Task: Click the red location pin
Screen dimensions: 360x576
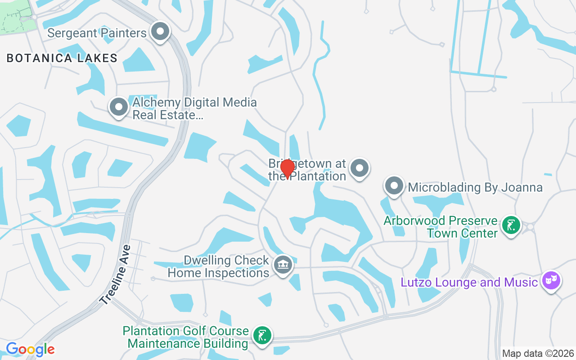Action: pyautogui.click(x=287, y=170)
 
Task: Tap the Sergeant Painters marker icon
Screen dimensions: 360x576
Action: pyautogui.click(x=160, y=32)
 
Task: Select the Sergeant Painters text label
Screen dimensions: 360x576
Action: pyautogui.click(x=97, y=33)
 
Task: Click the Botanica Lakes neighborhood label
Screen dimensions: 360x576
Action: pyautogui.click(x=62, y=58)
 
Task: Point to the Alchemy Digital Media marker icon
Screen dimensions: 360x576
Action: pyautogui.click(x=119, y=108)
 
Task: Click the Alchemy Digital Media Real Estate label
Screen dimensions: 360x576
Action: pyautogui.click(x=194, y=109)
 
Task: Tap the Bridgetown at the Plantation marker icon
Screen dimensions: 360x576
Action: pyautogui.click(x=359, y=169)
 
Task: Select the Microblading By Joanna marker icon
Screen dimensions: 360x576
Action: pyautogui.click(x=394, y=186)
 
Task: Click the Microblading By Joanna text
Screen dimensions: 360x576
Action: pyautogui.click(x=475, y=187)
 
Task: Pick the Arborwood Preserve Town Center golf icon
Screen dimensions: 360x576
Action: pyautogui.click(x=511, y=225)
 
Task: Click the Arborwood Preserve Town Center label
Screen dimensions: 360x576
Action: pyautogui.click(x=441, y=227)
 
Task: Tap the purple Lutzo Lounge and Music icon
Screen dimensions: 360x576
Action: pyautogui.click(x=551, y=281)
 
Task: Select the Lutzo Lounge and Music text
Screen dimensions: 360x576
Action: pyautogui.click(x=469, y=283)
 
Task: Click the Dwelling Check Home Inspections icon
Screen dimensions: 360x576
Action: pyautogui.click(x=283, y=265)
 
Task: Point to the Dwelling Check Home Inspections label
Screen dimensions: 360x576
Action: pyautogui.click(x=218, y=266)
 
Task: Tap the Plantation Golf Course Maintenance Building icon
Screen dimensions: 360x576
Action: pyautogui.click(x=262, y=336)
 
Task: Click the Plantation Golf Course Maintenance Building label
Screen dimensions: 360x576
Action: pyautogui.click(x=186, y=337)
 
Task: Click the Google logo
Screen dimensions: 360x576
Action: pyautogui.click(x=30, y=349)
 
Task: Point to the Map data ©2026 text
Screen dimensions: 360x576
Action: pyautogui.click(x=538, y=353)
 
